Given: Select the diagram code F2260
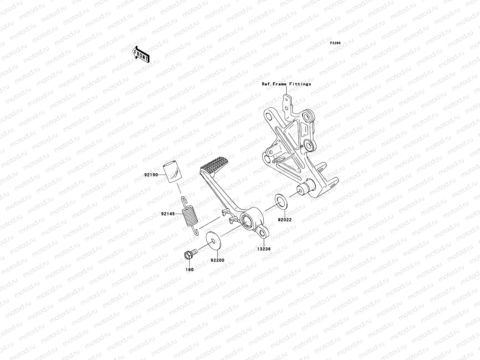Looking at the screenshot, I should [x=335, y=43].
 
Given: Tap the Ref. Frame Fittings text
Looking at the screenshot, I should [x=286, y=84].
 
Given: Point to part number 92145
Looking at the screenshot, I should [x=167, y=214].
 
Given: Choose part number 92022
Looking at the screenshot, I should [x=284, y=220].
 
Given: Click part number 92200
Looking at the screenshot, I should [x=217, y=260].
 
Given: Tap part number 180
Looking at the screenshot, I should [x=190, y=269].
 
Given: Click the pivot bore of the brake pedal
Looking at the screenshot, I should [x=248, y=222].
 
